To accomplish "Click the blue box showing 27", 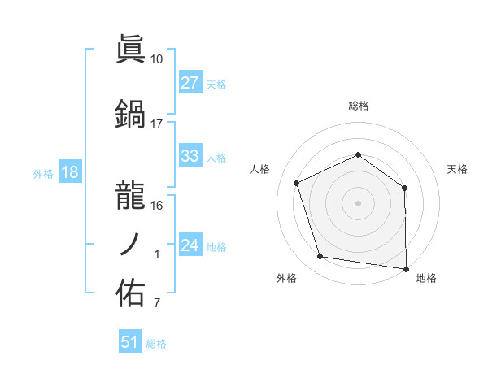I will [x=190, y=83].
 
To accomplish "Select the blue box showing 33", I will [x=190, y=157].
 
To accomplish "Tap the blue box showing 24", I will [x=190, y=246].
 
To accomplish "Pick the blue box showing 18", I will [x=69, y=173].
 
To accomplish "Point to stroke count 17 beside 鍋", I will [x=157, y=124].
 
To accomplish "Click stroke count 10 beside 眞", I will [x=157, y=59].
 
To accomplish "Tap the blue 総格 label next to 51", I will [x=156, y=344].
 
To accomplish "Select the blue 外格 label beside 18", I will [x=42, y=174].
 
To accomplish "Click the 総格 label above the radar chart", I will [x=358, y=106].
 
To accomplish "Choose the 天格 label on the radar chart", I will [x=457, y=169].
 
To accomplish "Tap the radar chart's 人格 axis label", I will [x=259, y=169].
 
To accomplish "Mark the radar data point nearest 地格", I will [x=407, y=268].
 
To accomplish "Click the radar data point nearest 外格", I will [x=320, y=257].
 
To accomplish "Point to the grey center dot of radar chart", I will [x=358, y=203].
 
